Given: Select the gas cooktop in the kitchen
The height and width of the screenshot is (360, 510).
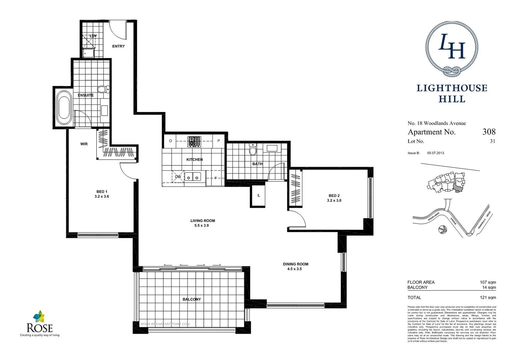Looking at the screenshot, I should [x=194, y=141].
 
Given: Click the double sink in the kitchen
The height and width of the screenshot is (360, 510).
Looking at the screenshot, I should [x=192, y=177].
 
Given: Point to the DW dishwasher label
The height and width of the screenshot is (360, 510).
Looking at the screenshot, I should [x=178, y=177].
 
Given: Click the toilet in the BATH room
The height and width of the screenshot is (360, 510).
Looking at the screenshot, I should [x=253, y=151].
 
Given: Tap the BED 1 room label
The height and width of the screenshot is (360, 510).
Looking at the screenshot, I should [x=102, y=192].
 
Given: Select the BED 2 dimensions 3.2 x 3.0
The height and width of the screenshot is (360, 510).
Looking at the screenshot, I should [x=334, y=201].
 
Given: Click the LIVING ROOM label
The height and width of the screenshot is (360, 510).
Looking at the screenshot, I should [x=202, y=221].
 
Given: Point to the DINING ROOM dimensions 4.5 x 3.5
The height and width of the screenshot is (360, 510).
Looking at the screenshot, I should [x=294, y=269].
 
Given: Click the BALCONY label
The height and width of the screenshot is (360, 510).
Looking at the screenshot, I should [x=192, y=299].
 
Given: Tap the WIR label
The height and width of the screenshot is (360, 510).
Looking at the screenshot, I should [x=84, y=144].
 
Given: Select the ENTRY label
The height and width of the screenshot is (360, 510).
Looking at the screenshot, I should [x=118, y=46].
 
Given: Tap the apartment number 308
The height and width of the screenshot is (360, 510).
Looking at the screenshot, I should [x=489, y=132].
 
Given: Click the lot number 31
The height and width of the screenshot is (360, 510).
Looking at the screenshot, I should [x=492, y=141].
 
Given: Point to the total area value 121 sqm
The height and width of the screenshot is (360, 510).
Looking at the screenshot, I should [x=488, y=297].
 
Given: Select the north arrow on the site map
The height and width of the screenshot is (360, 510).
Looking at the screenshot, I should [x=443, y=230].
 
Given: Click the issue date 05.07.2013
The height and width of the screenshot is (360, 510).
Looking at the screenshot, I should [x=435, y=153].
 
